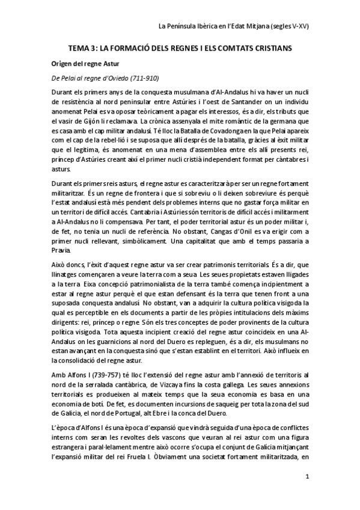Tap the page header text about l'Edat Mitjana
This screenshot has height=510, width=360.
tap(233, 27)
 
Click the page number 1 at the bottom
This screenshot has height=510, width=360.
tap(308, 478)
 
